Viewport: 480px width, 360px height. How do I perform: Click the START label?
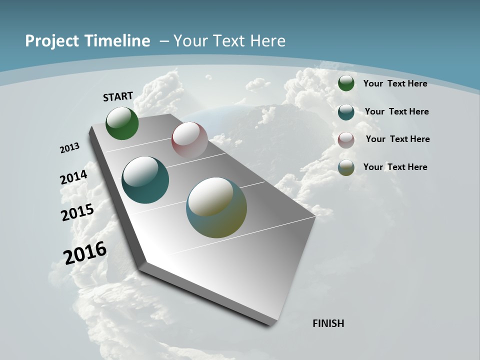(118, 96)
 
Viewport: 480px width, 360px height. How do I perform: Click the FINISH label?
(328, 323)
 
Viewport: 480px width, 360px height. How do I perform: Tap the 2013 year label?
(70, 147)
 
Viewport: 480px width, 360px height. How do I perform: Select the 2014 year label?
(74, 177)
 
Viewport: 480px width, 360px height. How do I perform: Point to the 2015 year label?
(77, 212)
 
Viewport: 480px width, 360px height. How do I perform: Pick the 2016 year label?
(85, 252)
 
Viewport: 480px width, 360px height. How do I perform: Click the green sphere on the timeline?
(122, 123)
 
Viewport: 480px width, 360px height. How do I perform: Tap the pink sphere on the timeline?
(189, 140)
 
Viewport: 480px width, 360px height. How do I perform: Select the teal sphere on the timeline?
(145, 180)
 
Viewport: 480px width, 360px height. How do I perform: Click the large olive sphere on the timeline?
(216, 207)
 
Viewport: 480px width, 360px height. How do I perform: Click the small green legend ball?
(346, 83)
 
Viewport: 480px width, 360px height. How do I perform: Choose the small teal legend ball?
(346, 112)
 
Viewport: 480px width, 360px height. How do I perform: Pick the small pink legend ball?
(346, 140)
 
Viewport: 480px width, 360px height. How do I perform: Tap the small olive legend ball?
(346, 168)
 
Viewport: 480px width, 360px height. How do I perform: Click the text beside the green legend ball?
(395, 84)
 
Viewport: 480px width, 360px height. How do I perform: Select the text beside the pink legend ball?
(397, 139)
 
